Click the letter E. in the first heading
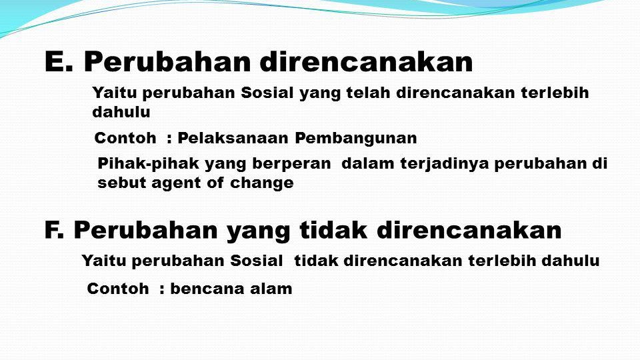pos(59,62)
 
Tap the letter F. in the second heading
pos(54,230)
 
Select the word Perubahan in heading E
pos(167,62)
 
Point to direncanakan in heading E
pos(366,62)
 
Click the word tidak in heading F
pos(333,230)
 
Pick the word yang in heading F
pos(259,232)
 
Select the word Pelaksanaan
pos(233,138)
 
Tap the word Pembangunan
pos(356,139)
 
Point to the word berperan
pos(291,164)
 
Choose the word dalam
pos(368,163)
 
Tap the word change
pos(261,183)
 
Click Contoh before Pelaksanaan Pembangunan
pos(125,138)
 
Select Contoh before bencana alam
pos(118,289)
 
